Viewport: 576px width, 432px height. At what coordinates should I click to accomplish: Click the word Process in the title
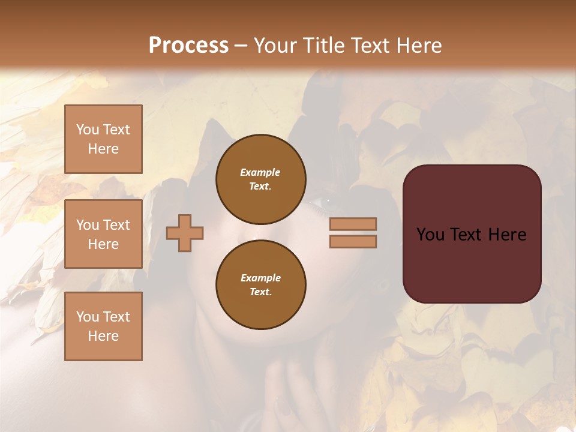(188, 46)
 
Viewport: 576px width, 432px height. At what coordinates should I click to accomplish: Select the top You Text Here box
(103, 139)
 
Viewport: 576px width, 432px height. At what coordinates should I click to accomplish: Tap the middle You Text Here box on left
(103, 234)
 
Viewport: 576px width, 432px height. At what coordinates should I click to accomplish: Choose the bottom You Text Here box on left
(103, 326)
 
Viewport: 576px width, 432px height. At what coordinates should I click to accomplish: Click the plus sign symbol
(185, 233)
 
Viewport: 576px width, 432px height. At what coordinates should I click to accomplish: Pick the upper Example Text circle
(260, 179)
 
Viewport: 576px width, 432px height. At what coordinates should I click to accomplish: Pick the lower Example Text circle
(260, 284)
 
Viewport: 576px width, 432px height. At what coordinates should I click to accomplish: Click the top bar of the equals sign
(353, 224)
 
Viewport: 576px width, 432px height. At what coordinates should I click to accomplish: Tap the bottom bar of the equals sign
(353, 242)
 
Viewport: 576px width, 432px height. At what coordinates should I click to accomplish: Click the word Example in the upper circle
(260, 172)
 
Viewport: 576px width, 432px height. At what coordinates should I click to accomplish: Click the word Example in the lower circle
(260, 278)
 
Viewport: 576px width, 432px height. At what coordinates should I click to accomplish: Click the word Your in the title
(273, 46)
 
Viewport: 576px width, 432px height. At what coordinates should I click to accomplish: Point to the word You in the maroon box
(431, 235)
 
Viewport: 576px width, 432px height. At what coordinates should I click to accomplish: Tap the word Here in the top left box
(103, 149)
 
